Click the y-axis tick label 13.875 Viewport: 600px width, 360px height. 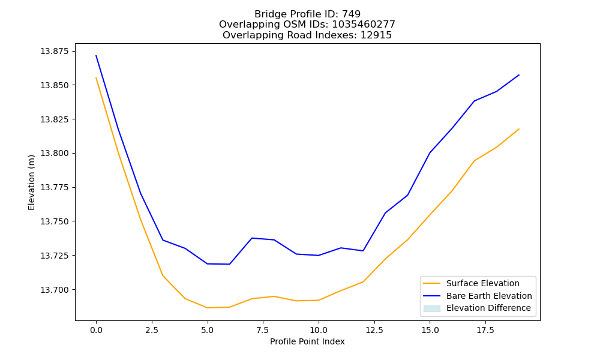pyautogui.click(x=55, y=51)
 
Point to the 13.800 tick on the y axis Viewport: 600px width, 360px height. pyautogui.click(x=55, y=154)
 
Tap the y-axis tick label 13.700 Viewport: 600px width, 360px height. pyautogui.click(x=55, y=290)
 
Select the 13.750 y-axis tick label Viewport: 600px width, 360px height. pyautogui.click(x=55, y=221)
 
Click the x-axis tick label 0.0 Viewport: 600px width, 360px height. pyautogui.click(x=96, y=330)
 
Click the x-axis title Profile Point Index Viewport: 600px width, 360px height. pyautogui.click(x=307, y=341)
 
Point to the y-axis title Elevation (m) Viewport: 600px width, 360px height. pyautogui.click(x=31, y=182)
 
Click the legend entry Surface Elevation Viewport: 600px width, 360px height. pyautogui.click(x=483, y=283)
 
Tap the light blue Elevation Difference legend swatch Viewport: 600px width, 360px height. pyautogui.click(x=431, y=308)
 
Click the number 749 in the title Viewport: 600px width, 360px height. pyautogui.click(x=351, y=14)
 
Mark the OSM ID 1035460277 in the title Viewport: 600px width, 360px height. pyautogui.click(x=364, y=25)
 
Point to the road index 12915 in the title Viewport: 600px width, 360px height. pyautogui.click(x=376, y=35)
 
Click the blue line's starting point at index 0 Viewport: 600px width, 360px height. pyautogui.click(x=96, y=55)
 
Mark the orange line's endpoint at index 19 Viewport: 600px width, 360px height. pyautogui.click(x=519, y=129)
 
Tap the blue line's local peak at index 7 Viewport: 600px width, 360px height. pyautogui.click(x=252, y=238)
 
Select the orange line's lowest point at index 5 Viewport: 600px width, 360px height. pyautogui.click(x=208, y=308)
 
